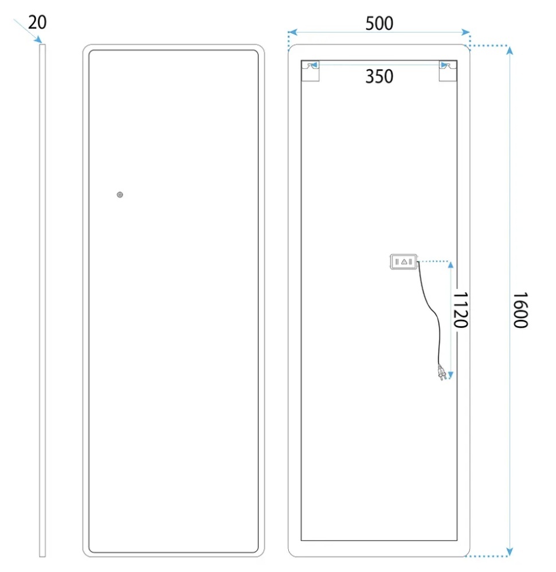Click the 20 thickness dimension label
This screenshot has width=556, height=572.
(37, 22)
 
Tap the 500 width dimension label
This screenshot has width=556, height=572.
(379, 23)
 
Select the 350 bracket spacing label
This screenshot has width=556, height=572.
(379, 77)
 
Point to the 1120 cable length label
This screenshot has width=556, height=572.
(460, 309)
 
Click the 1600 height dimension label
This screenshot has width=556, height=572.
(520, 309)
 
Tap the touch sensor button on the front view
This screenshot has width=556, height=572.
(120, 195)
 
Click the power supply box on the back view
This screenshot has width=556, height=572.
(404, 261)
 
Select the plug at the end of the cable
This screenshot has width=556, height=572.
(442, 373)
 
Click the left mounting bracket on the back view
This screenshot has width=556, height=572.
(310, 70)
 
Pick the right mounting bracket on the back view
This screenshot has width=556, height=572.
(448, 70)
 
